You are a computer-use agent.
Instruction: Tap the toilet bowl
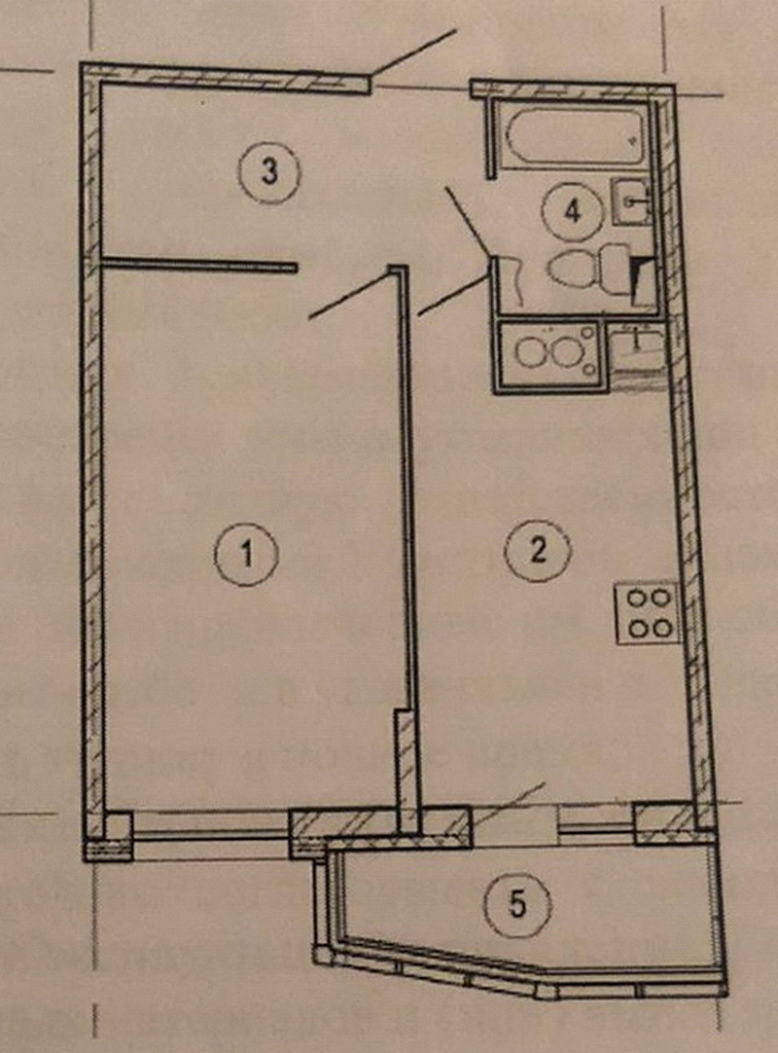tap(573, 270)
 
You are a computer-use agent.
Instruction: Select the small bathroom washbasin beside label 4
tap(630, 202)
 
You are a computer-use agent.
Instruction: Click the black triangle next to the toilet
tap(641, 281)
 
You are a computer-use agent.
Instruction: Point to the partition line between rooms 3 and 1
tap(199, 264)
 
